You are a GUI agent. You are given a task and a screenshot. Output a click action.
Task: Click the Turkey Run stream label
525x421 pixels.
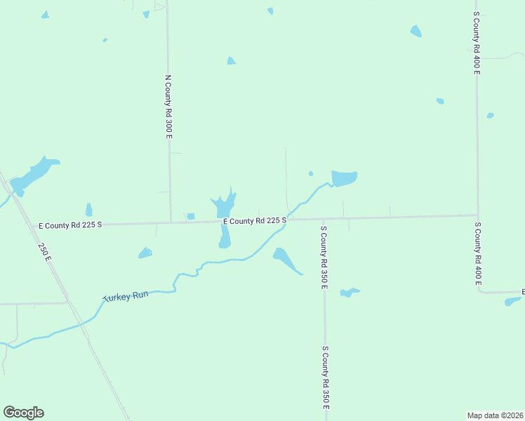coord(126,297)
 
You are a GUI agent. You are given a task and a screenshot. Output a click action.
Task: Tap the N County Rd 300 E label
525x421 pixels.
coord(168,107)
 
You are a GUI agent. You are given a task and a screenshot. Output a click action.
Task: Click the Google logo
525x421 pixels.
coord(23,413)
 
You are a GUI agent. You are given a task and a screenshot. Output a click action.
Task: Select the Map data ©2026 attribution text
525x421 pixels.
coord(496,415)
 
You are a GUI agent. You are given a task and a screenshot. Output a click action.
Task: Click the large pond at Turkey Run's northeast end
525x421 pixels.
coord(344,178)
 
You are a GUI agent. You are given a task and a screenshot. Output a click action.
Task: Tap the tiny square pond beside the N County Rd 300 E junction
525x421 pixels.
coord(190,216)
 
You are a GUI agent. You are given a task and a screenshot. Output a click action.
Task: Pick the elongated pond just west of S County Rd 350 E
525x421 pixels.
coord(286,260)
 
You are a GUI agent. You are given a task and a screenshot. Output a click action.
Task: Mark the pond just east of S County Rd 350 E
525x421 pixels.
coord(349,292)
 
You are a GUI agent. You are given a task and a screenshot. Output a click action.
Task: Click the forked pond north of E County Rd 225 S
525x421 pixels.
coord(224,206)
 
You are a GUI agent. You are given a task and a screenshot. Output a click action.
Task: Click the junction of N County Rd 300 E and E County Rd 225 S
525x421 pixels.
coord(171,222)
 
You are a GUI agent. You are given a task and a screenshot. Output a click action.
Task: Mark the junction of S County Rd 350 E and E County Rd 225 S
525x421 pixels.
coord(323,219)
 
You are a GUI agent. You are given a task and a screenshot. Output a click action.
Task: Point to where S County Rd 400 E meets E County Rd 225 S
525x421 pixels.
coord(477,215)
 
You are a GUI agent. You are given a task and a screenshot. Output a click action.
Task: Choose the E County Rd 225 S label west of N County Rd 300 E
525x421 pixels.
coord(70,225)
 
